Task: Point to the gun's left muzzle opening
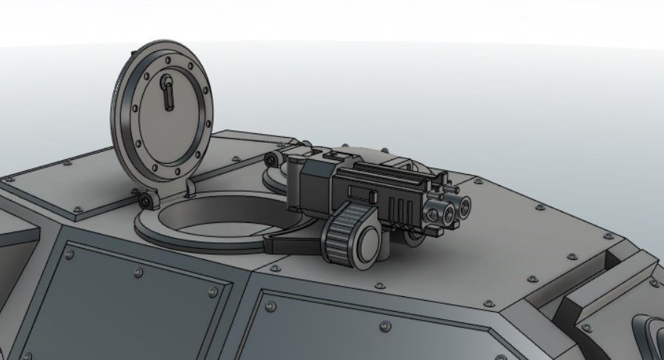448,213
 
